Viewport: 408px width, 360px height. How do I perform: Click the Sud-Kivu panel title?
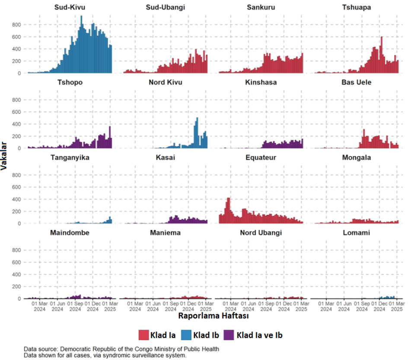coord(70,7)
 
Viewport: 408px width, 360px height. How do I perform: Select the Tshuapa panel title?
coord(357,7)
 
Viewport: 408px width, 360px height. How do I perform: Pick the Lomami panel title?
coord(357,233)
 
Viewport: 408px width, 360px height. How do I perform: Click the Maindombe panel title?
coord(70,233)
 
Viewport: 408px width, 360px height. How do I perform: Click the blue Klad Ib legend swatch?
coord(186,335)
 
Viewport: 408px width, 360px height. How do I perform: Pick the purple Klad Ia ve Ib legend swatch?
coord(229,335)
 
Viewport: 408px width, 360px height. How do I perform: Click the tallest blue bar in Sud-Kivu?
coord(81,45)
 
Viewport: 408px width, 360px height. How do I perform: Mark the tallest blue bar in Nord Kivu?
coord(198,133)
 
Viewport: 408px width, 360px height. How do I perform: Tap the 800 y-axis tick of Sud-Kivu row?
coord(16,25)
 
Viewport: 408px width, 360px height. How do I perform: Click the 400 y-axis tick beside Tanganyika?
coord(16,199)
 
